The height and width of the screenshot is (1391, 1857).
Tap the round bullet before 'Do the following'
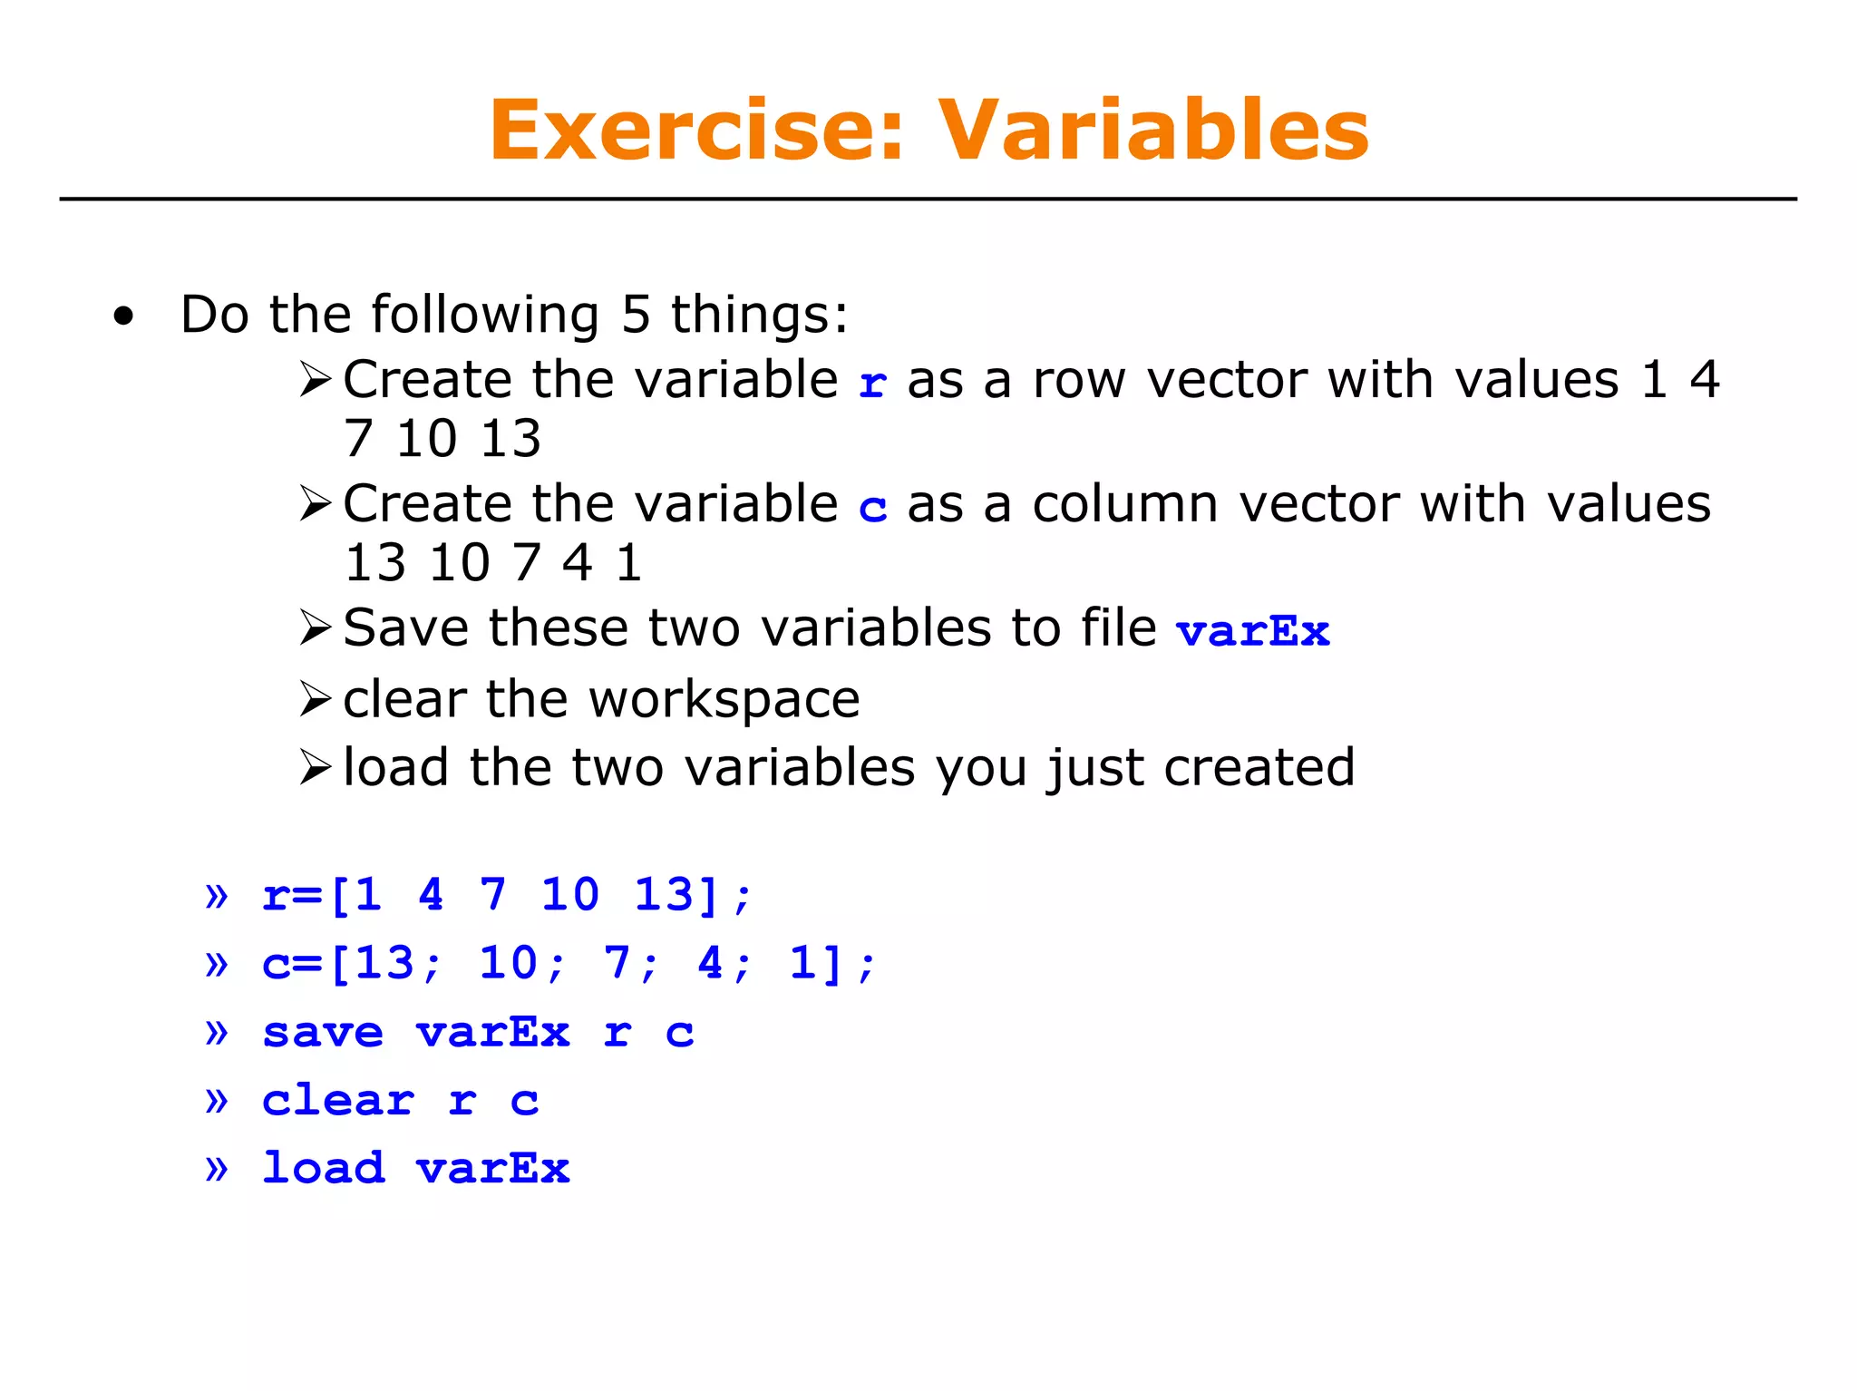coord(123,317)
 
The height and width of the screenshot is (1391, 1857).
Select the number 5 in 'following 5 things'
coord(636,316)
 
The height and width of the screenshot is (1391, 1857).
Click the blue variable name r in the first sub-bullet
coord(872,383)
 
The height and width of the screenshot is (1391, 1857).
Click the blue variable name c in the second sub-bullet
coord(872,508)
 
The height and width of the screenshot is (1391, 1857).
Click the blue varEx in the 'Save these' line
coord(1252,631)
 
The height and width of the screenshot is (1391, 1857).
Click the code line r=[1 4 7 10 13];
coord(506,895)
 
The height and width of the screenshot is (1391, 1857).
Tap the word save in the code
coord(323,1032)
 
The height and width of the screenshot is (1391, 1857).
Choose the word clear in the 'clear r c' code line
coord(337,1100)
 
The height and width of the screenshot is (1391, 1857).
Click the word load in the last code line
coord(323,1167)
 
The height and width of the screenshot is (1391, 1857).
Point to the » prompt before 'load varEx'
coord(216,1168)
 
